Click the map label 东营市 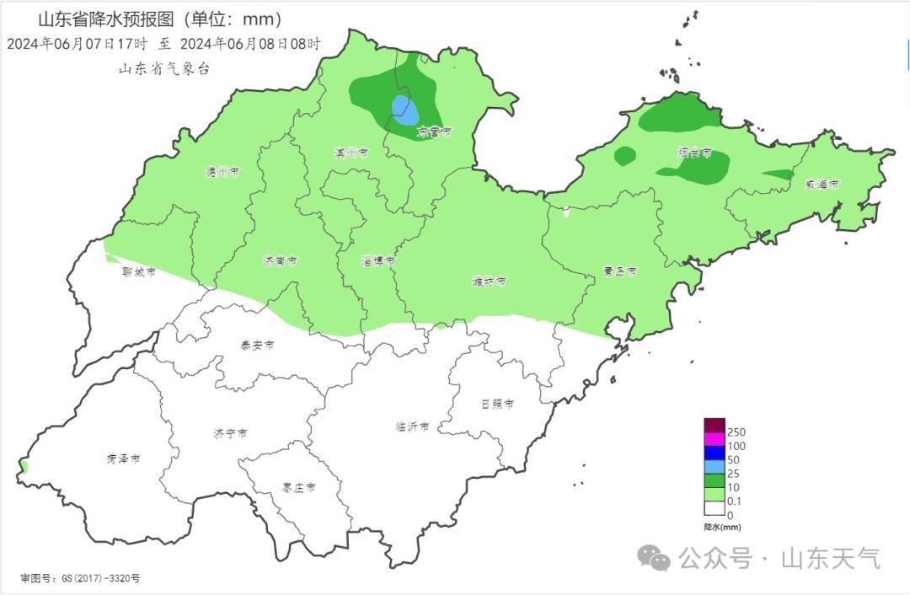coord(435,131)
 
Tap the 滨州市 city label coord(351,153)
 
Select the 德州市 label coord(222,172)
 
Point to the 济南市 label coord(280,261)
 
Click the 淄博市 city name coord(378,261)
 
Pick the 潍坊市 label coord(489,281)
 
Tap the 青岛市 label coord(619,271)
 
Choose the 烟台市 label coord(694,153)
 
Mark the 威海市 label coord(821,184)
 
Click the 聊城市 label coord(139,271)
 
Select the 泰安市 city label coord(257,344)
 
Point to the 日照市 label coord(497,404)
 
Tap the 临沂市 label coord(412,426)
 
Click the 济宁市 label coord(230,433)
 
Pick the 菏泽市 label coord(123,458)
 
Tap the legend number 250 coord(736,432)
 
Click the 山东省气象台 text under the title coord(163,69)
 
